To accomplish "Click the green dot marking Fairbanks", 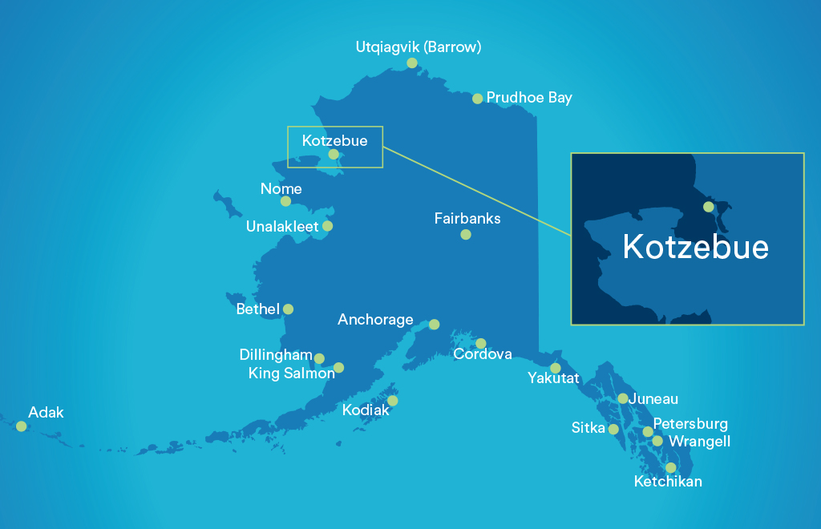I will [x=466, y=235].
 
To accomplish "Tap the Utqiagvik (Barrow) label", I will [x=418, y=47].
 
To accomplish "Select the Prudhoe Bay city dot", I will [x=478, y=99].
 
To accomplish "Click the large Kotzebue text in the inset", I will [x=695, y=247].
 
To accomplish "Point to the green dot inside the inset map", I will [x=708, y=207].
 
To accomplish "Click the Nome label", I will [x=281, y=189].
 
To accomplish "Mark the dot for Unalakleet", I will [x=327, y=226].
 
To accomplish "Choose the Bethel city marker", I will [x=288, y=309].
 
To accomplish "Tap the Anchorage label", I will [x=375, y=320].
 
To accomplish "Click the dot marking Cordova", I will [x=481, y=344].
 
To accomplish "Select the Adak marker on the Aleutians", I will [x=22, y=426].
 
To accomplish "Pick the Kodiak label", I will [x=365, y=410].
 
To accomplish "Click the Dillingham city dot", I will [x=319, y=358].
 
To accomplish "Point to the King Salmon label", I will [x=291, y=373].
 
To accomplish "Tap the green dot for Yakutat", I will [x=556, y=368].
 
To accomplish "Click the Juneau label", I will [x=653, y=399].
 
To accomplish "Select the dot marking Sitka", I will [x=613, y=430].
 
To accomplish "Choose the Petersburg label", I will [x=690, y=424].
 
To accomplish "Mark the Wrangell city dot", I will [x=657, y=441].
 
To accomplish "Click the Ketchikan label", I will [x=668, y=482].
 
